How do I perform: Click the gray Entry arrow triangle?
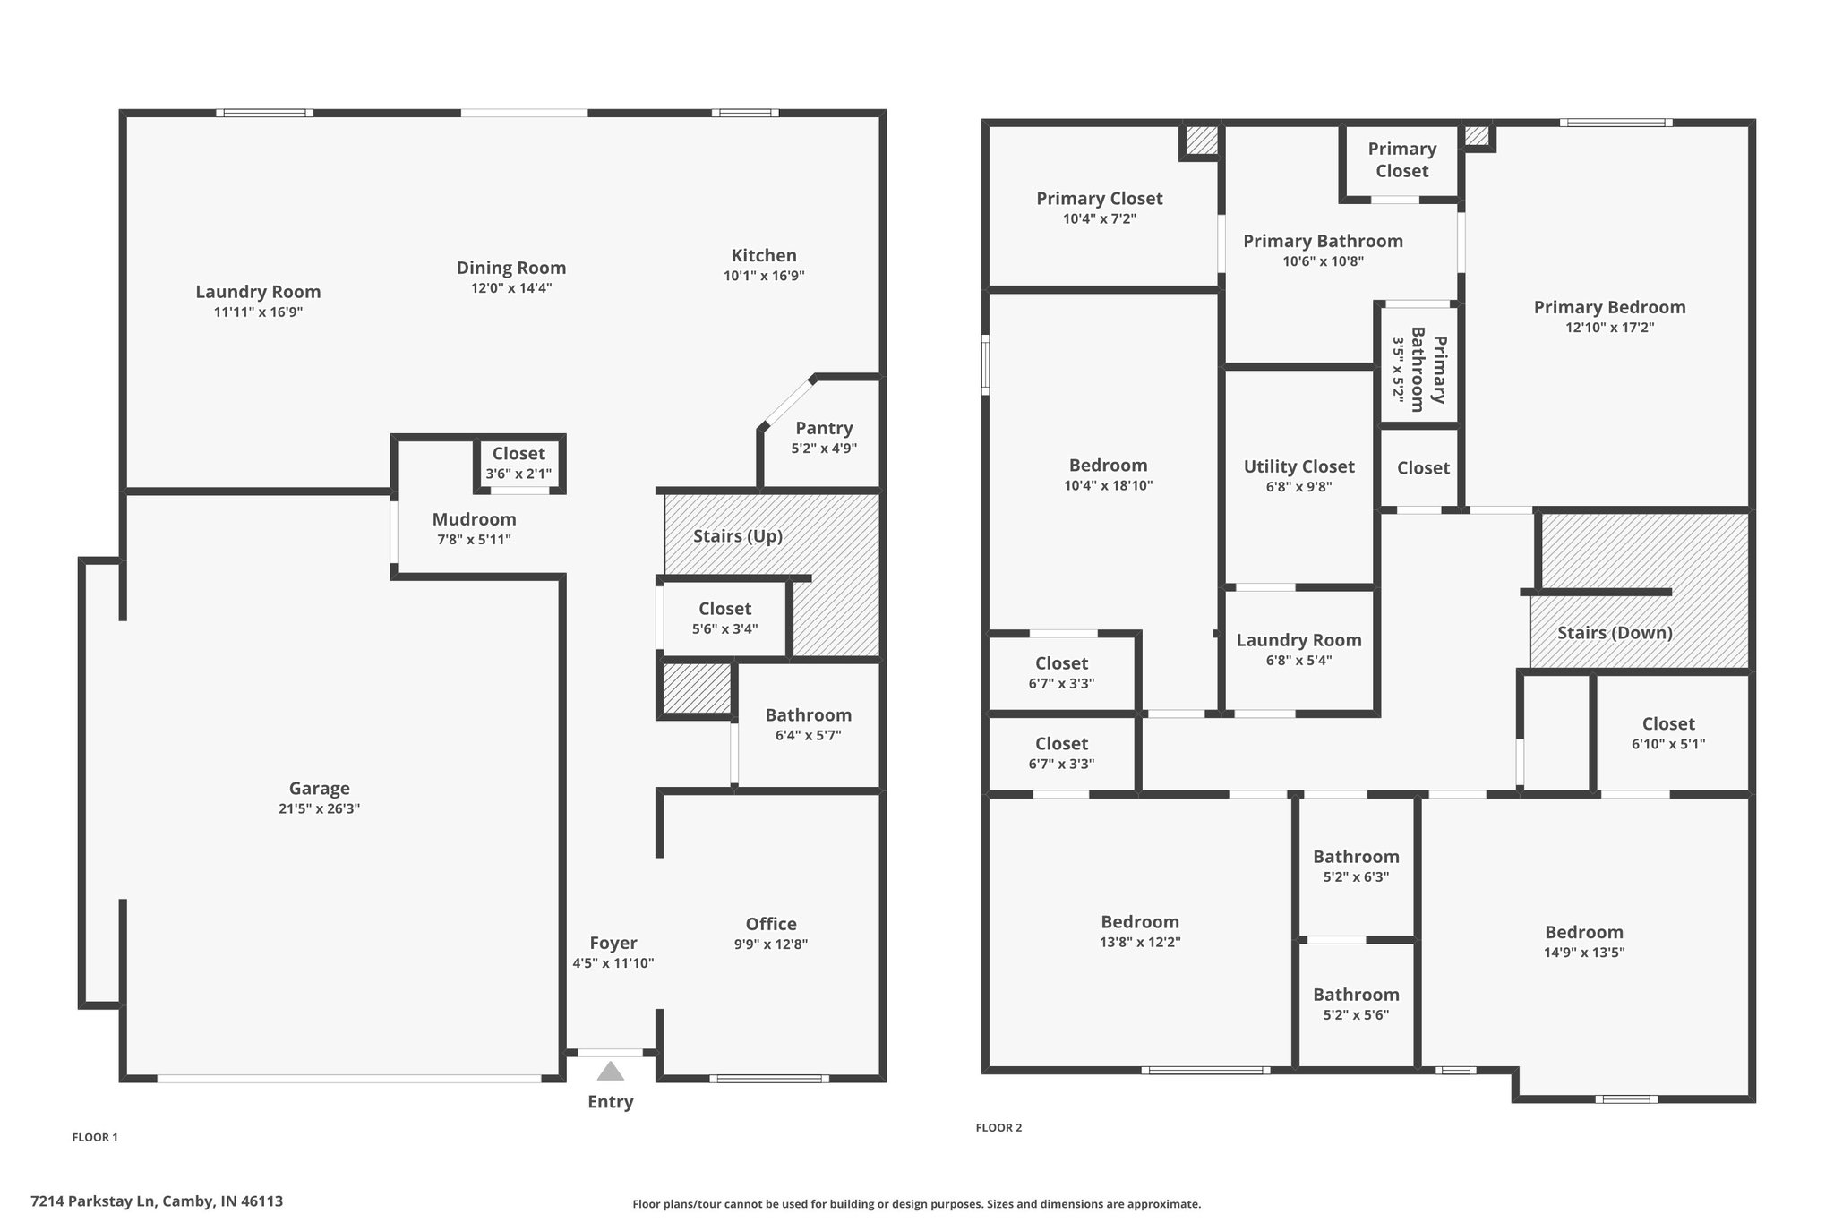(x=610, y=1071)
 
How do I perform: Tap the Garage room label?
(x=319, y=789)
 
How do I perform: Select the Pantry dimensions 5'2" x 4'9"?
(x=824, y=449)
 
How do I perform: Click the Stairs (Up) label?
(x=738, y=536)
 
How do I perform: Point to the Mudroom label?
(x=474, y=519)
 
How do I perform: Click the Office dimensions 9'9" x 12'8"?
(x=771, y=944)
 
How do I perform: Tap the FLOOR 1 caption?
(x=95, y=1137)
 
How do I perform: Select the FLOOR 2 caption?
(x=998, y=1127)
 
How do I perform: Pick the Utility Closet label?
(x=1298, y=466)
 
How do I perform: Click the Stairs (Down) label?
(x=1615, y=633)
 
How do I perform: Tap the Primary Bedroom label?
(x=1609, y=307)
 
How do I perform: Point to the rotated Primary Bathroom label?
(x=1428, y=369)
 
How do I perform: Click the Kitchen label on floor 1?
(x=764, y=255)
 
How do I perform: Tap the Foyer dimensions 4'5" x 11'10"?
(x=613, y=963)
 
